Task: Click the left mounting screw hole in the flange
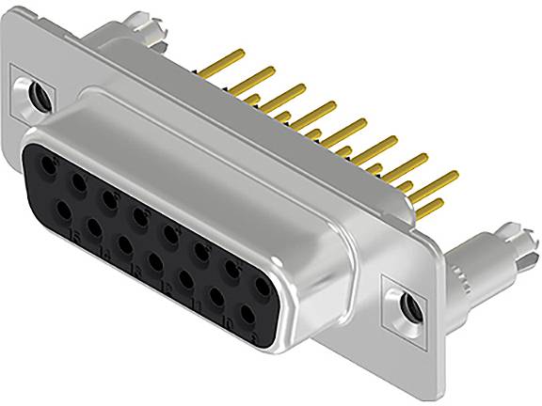39,95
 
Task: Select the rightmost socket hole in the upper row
259,279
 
